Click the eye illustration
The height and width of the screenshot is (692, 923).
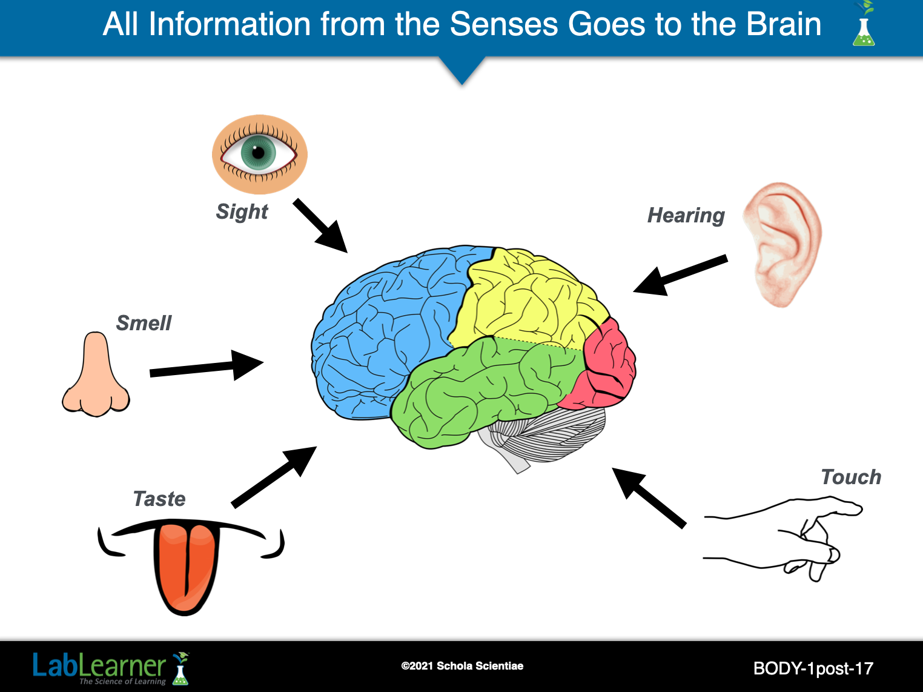pos(259,154)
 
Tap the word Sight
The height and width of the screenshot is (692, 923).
pos(242,211)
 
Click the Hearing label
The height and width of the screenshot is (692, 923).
pos(686,216)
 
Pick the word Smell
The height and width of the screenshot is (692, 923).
pos(144,323)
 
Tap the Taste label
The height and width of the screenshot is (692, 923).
pos(159,499)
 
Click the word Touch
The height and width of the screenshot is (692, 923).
pos(850,477)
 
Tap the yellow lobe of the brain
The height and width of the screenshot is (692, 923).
pos(521,297)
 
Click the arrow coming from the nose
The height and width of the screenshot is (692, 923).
pos(206,366)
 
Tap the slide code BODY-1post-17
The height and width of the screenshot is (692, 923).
pos(813,668)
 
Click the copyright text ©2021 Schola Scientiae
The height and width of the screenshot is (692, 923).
pos(462,666)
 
